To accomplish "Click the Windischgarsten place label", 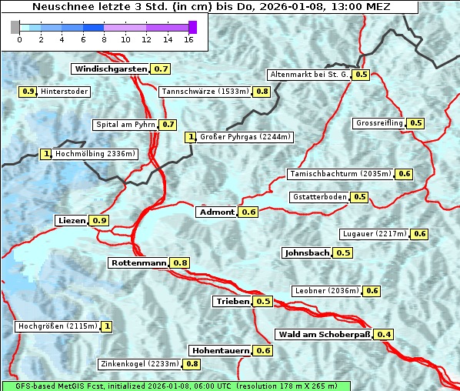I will click(x=110, y=69).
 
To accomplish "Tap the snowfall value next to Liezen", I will click(x=99, y=221).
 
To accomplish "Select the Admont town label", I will click(x=216, y=212).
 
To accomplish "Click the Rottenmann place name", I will click(x=138, y=262).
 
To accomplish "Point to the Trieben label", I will click(x=232, y=301).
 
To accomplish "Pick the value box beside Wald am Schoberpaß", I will click(x=384, y=334).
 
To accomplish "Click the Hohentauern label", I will click(x=221, y=350).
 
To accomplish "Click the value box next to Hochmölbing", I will click(x=46, y=154).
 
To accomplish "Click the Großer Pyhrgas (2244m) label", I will click(x=245, y=137).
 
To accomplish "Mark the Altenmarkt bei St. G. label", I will click(x=308, y=75).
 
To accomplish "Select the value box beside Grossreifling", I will click(x=416, y=123).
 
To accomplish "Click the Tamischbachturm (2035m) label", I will click(x=339, y=174).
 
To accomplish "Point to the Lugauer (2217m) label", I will click(x=373, y=234).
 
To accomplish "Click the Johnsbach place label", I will click(x=307, y=252).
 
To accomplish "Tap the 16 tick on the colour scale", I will click(x=188, y=38).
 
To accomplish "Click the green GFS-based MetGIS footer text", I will click(x=175, y=386).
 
